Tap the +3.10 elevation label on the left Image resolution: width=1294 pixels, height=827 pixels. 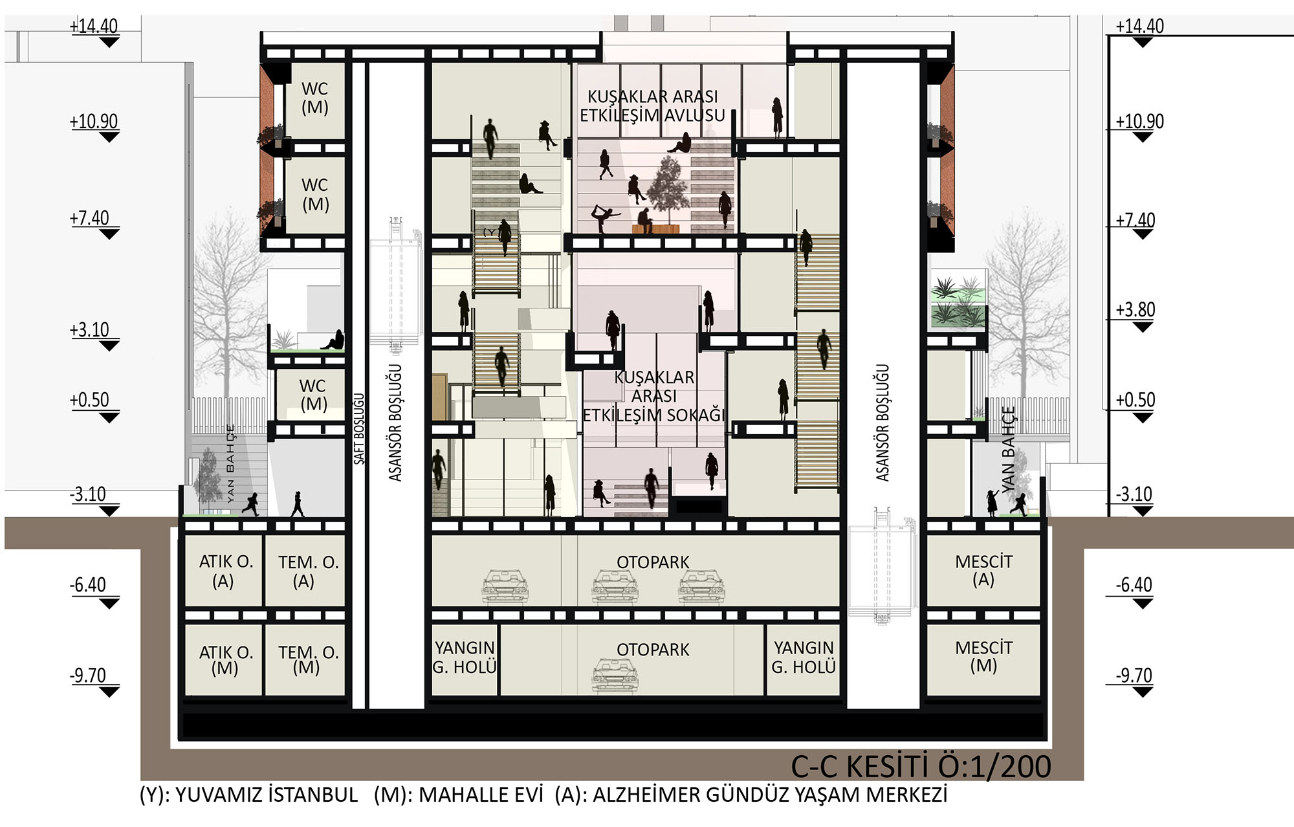[x=90, y=330]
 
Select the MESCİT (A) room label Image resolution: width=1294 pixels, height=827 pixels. [x=983, y=570]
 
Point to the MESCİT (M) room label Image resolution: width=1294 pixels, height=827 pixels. [x=983, y=656]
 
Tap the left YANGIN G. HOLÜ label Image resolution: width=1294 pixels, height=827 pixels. [x=465, y=657]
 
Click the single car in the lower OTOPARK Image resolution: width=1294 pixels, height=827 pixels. [x=615, y=675]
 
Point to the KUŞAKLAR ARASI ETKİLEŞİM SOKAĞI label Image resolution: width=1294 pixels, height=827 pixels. [x=653, y=396]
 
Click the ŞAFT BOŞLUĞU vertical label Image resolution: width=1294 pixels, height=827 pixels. [x=359, y=428]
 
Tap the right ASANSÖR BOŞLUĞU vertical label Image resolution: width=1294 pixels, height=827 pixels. [x=883, y=423]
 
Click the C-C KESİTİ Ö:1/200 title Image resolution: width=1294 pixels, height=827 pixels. [x=921, y=766]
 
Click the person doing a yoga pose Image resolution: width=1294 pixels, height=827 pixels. [x=605, y=218]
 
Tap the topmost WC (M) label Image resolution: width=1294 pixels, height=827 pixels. [x=315, y=98]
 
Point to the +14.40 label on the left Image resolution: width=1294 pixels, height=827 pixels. [x=94, y=26]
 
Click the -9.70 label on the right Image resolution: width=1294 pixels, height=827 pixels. [x=1134, y=676]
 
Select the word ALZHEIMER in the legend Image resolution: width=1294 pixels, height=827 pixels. [x=647, y=795]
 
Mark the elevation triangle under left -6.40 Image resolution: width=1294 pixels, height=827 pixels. [x=109, y=604]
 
